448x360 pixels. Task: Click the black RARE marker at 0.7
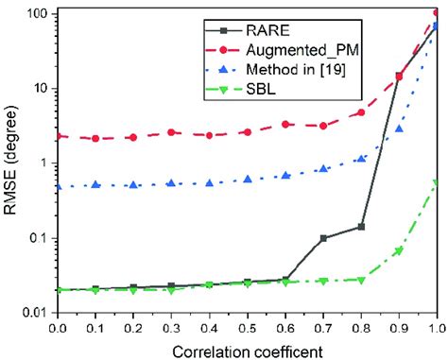323,238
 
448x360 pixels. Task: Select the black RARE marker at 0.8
361,227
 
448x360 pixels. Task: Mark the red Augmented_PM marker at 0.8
361,112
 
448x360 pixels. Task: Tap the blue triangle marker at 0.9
399,129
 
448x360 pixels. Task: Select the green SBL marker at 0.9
399,251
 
